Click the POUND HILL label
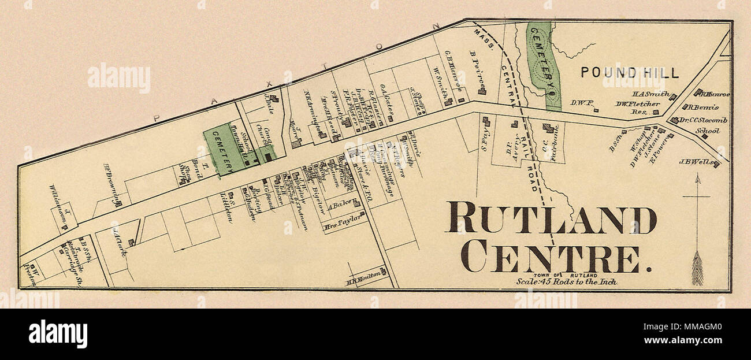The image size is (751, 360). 630,73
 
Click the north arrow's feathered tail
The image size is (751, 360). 697,269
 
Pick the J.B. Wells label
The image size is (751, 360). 697,162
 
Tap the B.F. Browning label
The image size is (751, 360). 112,184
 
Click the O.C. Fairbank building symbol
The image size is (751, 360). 546,128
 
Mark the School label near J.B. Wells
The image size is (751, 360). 707,131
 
